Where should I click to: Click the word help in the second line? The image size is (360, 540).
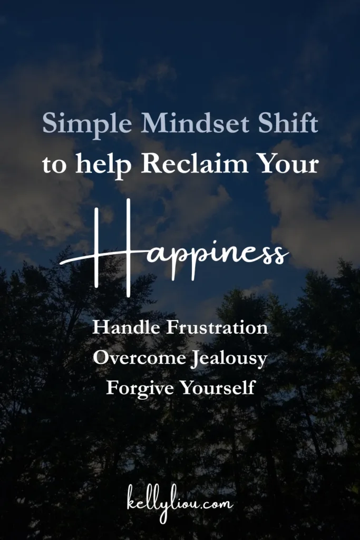(103, 165)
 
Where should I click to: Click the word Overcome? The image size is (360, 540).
(139, 358)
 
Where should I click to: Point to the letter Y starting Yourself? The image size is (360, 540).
(187, 388)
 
